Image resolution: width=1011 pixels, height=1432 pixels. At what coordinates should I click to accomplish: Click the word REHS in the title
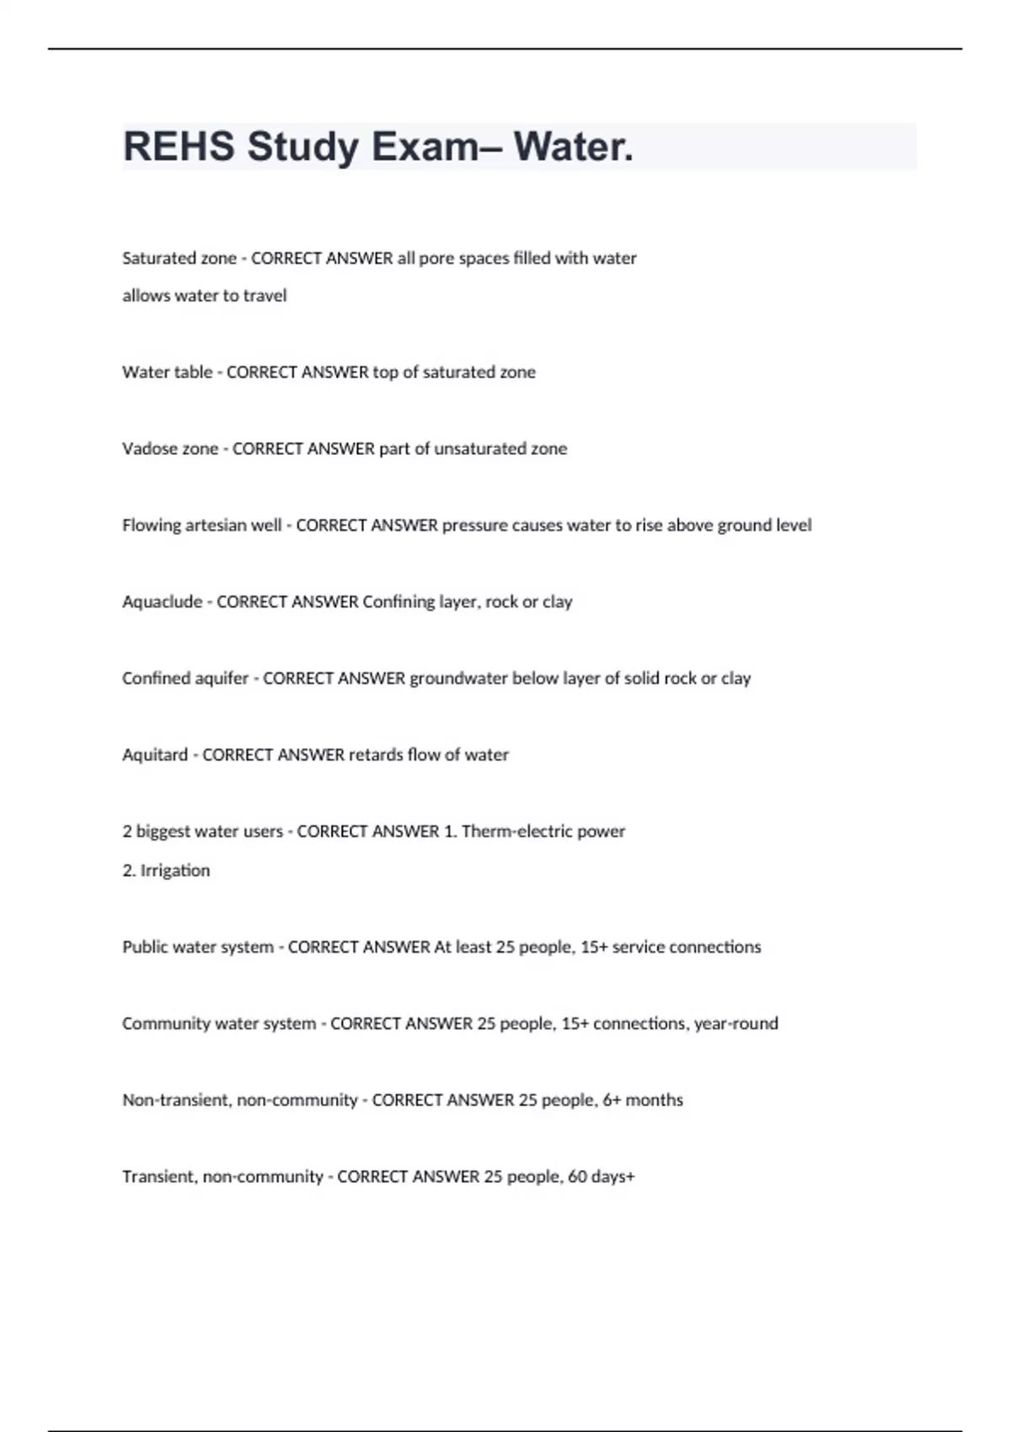179,147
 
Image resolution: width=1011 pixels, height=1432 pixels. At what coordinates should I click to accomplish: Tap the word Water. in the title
574,147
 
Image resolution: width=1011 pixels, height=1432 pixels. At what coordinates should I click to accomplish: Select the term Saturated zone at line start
179,259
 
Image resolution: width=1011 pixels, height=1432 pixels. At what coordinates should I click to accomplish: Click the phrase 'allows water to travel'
205,296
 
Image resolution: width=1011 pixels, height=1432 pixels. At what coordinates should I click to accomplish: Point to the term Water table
167,372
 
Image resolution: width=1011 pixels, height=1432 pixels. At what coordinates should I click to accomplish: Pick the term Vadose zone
170,449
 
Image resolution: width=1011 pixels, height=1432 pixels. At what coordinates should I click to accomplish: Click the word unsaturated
479,449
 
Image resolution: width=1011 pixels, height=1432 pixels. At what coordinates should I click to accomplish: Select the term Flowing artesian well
201,526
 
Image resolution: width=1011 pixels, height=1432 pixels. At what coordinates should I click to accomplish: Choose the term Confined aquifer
185,679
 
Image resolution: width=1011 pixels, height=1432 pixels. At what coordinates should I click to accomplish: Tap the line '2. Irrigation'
166,871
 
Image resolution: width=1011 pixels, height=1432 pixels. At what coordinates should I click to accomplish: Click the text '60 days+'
601,1177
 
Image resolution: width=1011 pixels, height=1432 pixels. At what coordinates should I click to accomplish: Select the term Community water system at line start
219,1024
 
